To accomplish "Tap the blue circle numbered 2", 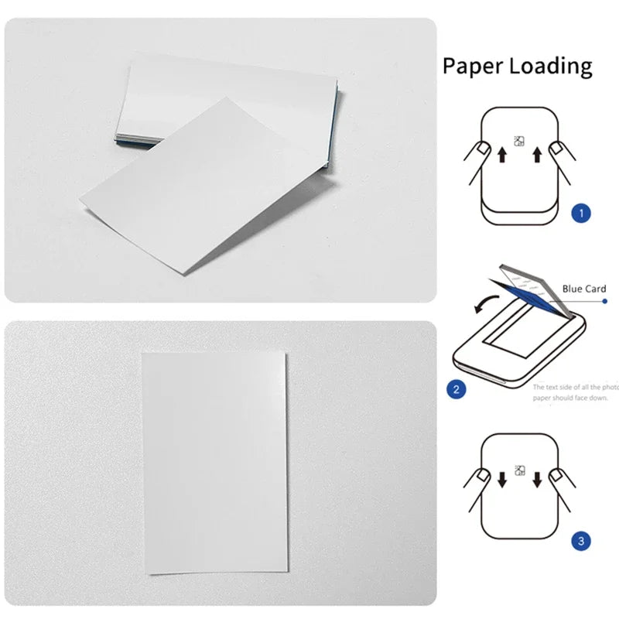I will point(457,388).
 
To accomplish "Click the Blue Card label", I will point(584,289).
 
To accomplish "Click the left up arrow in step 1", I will point(501,157).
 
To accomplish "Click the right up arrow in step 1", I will point(537,157).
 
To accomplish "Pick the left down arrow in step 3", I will point(501,479).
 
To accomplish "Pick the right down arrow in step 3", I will point(537,479).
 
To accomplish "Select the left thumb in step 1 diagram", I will point(480,148).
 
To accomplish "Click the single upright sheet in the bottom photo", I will point(215,462).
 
